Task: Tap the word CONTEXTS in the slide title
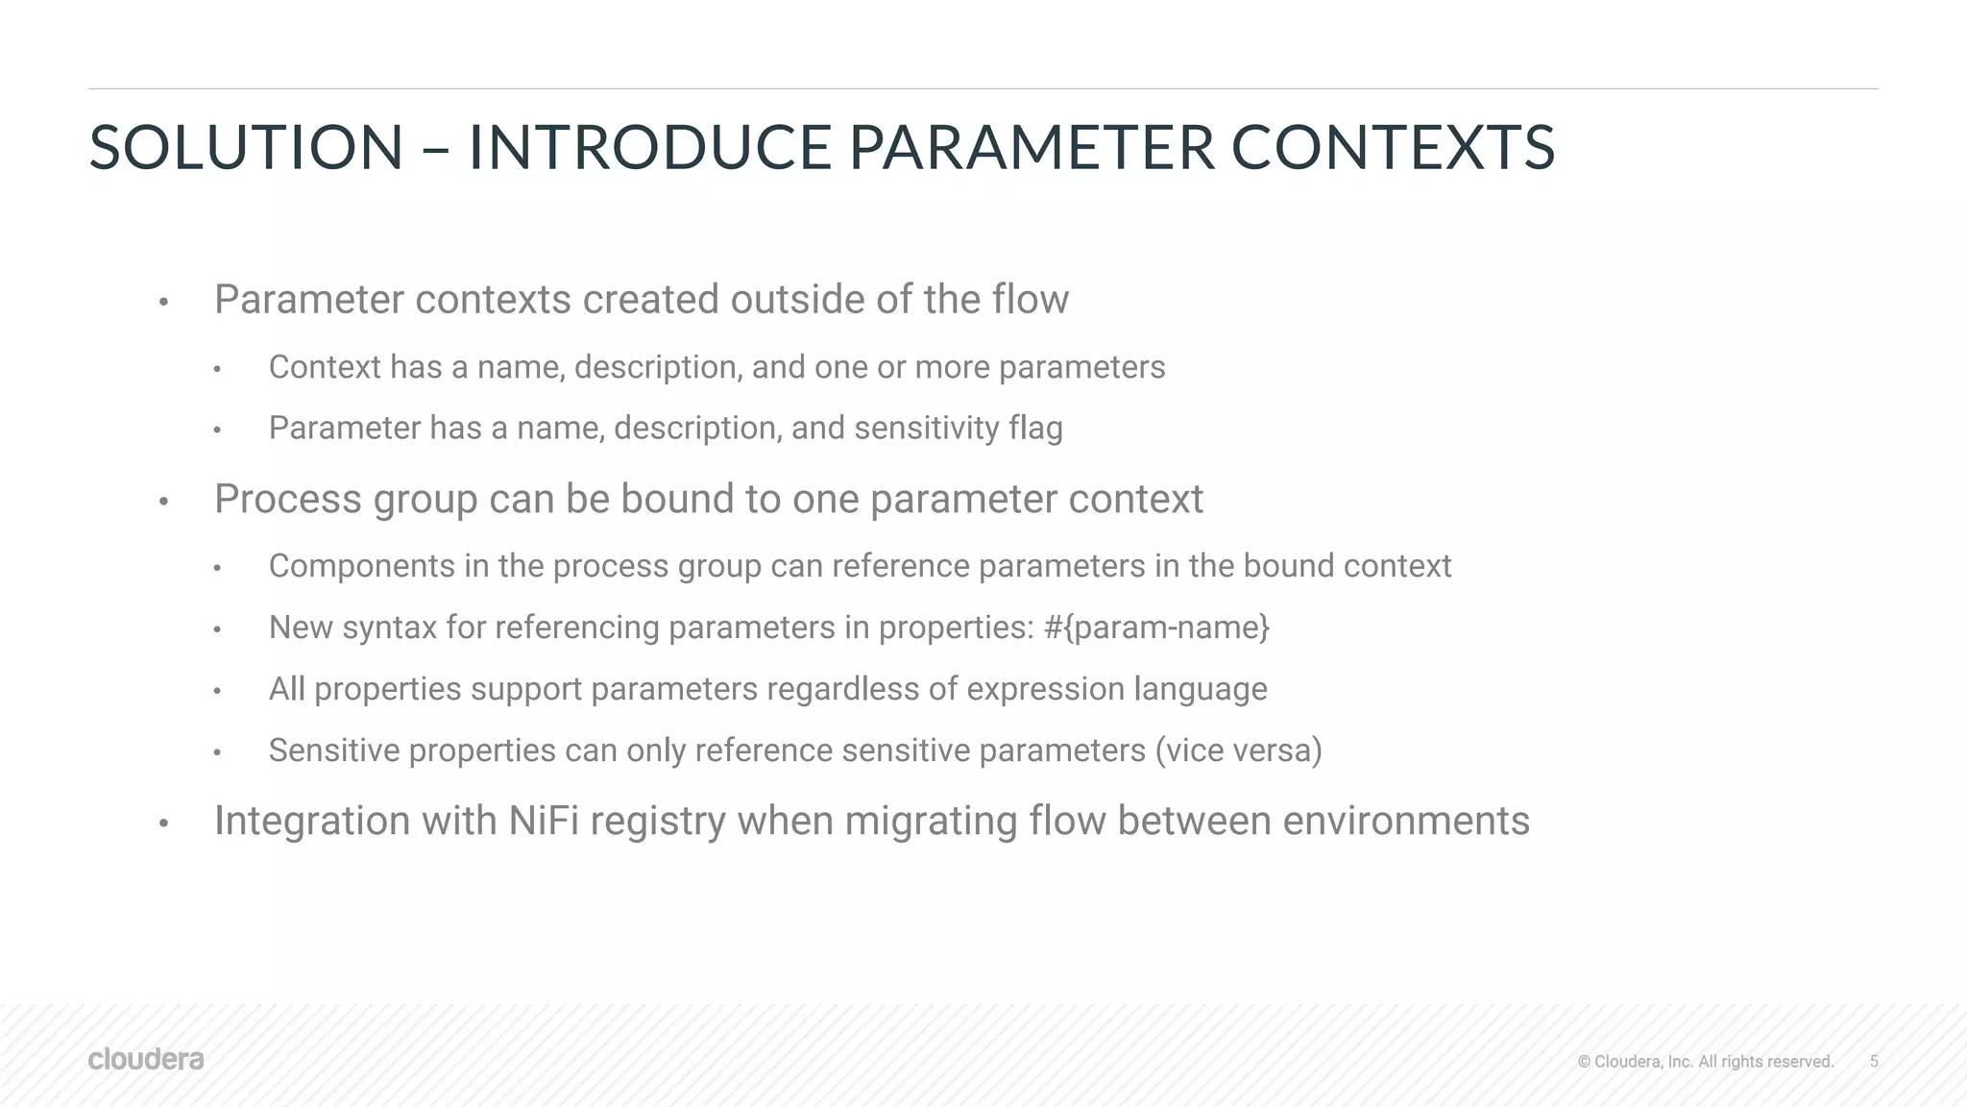[x=1393, y=148]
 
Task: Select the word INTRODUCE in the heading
[x=649, y=148]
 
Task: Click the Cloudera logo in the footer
[x=146, y=1059]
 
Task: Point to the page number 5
[x=1874, y=1061]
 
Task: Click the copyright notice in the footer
[x=1706, y=1061]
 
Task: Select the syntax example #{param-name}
[x=1156, y=627]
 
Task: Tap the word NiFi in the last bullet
[x=544, y=821]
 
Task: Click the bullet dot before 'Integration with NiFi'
[x=164, y=824]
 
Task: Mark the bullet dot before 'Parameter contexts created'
[x=164, y=303]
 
